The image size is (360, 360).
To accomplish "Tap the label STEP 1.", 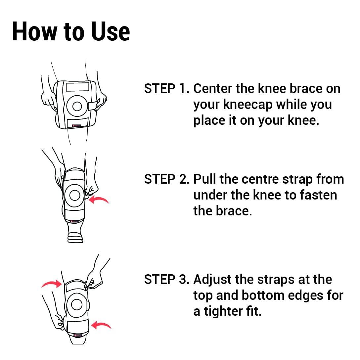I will point(167,89).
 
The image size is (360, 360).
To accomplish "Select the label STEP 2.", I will point(167,179).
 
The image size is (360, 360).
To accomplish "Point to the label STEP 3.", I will point(167,280).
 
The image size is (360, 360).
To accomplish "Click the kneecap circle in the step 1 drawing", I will point(77,106).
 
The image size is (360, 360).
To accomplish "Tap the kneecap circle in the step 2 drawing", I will point(75,195).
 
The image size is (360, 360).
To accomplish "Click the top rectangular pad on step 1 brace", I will point(77,87).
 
